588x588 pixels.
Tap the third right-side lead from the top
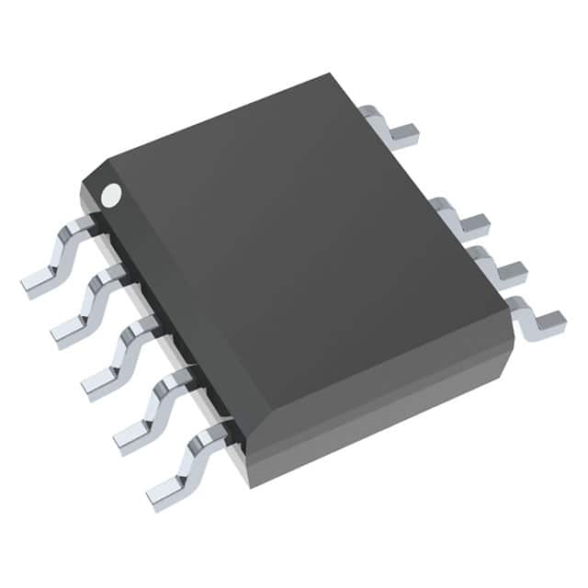[496, 266]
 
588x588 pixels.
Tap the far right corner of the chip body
[513, 345]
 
